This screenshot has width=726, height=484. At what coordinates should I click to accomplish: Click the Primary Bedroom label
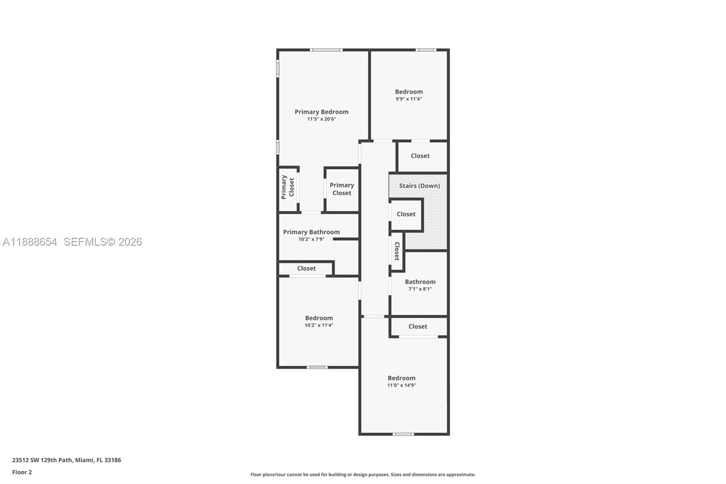coord(321,112)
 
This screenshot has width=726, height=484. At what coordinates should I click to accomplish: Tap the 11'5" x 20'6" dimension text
coord(321,119)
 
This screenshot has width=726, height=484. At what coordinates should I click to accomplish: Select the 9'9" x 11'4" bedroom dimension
coord(408,99)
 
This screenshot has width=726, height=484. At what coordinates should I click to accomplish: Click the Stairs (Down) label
coord(419,186)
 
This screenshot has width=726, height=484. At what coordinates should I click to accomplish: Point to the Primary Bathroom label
coord(311,232)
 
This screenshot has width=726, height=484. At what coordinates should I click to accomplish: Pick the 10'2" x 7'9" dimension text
coord(311,239)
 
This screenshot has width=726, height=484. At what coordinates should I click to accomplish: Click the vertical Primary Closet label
coord(288,187)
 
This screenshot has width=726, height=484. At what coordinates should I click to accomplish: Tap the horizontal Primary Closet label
coord(342,189)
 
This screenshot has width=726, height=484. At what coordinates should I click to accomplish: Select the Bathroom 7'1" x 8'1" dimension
coord(420,289)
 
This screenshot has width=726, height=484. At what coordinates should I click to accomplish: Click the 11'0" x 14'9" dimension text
coord(401,385)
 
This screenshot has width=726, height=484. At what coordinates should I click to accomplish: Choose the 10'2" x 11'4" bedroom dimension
coord(319,325)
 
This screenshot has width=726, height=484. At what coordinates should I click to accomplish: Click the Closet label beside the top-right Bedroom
coord(420,156)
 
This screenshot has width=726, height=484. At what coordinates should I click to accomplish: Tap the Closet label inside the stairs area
coord(406,214)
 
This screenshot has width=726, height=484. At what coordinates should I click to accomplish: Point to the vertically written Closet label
coord(397,251)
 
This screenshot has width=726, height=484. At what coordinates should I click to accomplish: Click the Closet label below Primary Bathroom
coord(306,268)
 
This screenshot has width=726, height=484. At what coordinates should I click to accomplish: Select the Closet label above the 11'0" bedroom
coord(417,326)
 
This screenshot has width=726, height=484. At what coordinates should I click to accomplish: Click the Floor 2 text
coord(22,472)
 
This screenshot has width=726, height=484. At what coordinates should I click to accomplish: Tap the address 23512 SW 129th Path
coord(42,460)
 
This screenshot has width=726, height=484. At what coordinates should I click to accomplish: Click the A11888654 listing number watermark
coord(30,242)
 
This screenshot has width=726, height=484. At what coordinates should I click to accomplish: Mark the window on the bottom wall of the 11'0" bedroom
coord(403,434)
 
